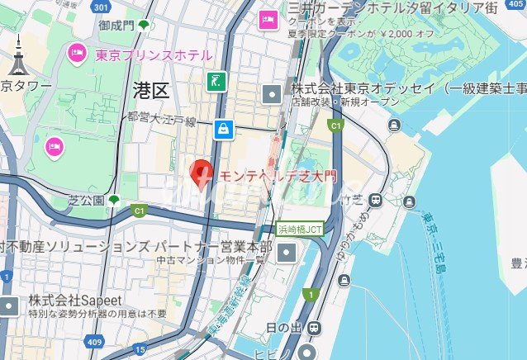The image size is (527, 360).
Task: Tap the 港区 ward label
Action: [150, 91]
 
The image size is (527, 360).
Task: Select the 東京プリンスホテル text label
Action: [154, 56]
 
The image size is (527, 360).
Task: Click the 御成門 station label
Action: [116, 26]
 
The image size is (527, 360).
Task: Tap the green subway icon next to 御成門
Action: [145, 26]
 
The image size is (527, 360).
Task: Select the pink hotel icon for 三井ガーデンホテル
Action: [268, 19]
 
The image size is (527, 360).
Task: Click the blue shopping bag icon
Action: [222, 129]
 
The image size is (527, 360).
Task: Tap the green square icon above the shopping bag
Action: [216, 82]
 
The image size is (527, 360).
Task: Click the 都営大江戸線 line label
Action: [161, 121]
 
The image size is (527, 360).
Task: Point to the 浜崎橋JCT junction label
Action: [300, 229]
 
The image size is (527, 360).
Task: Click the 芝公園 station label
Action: [87, 201]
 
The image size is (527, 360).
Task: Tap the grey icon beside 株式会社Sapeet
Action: [8, 306]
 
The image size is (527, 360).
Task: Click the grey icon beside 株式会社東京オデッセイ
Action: [271, 94]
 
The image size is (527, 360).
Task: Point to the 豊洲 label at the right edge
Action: [519, 264]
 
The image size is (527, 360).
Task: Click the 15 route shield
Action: [141, 351]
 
